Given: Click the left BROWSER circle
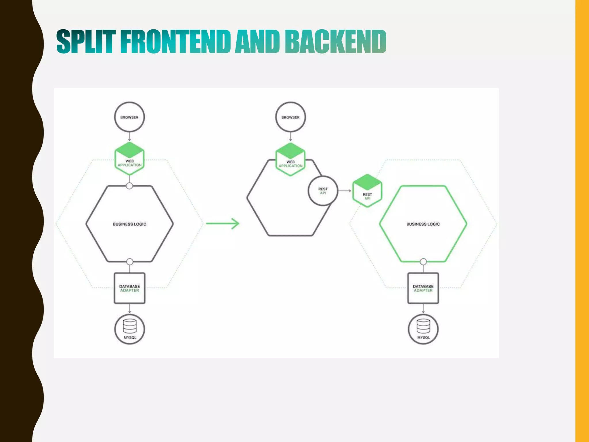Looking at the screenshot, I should pos(129,117).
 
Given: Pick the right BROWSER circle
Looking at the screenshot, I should pos(290,117).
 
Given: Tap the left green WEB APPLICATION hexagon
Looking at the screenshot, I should pos(129,159).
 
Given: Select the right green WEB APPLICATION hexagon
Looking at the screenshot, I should pos(290,159).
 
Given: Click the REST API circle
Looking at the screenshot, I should pos(323,191).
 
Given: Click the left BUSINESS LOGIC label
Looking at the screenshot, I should pos(129,224).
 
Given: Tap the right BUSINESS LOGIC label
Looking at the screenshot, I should pos(423,224).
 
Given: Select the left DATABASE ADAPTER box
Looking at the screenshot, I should pos(129,288).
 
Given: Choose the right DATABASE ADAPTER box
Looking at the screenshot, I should pos(423,288).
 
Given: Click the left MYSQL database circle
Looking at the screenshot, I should pos(130,329).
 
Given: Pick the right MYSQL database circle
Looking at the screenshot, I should pos(423,329).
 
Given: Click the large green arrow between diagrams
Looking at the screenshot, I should pos(223,224).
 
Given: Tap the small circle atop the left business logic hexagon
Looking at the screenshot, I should pos(129,186).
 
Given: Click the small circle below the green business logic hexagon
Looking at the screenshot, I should pos(423,262).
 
